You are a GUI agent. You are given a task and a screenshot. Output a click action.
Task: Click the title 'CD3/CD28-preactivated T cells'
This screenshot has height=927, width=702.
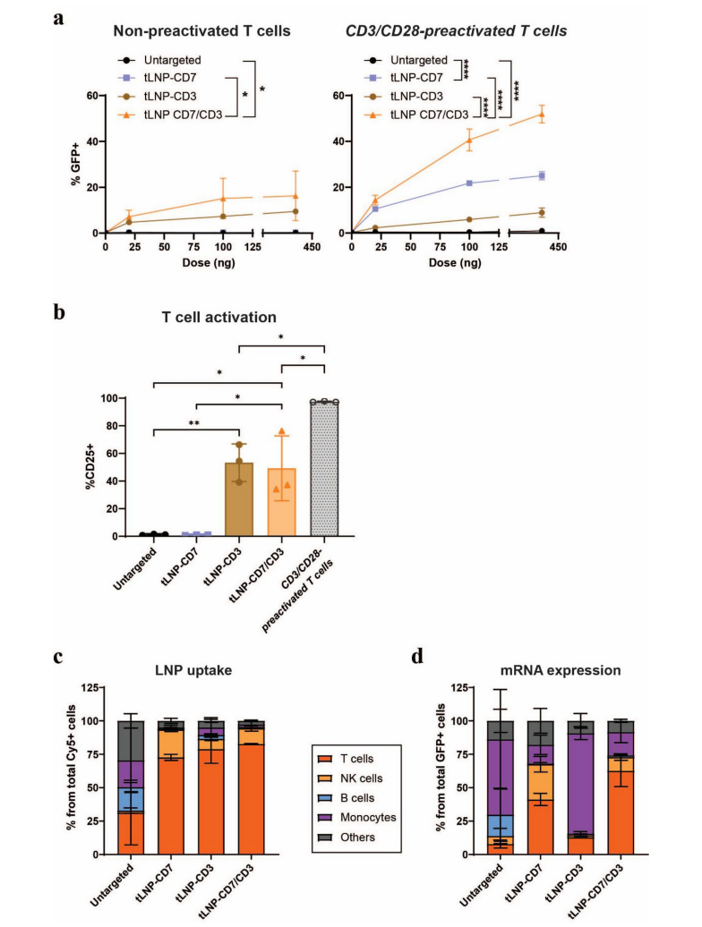coord(456,30)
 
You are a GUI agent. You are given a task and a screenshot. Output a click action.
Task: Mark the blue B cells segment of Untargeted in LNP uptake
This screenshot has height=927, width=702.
coord(131,800)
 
